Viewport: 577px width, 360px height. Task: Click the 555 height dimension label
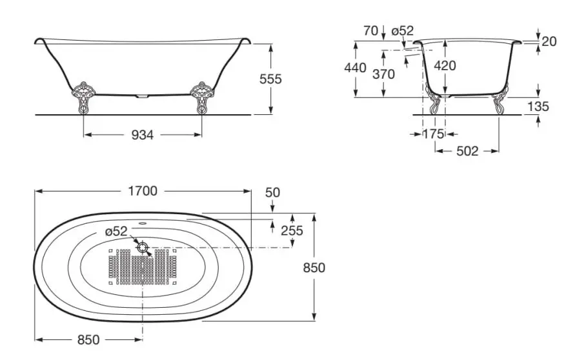pyautogui.click(x=270, y=79)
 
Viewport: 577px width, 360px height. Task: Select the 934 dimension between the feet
pyautogui.click(x=143, y=135)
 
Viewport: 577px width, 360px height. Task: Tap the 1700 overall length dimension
pyautogui.click(x=143, y=191)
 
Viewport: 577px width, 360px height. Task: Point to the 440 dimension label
pyautogui.click(x=355, y=68)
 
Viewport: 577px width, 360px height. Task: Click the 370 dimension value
pyautogui.click(x=383, y=74)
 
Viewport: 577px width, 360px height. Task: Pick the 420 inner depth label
pyautogui.click(x=445, y=66)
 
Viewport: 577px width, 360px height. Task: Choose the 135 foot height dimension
pyautogui.click(x=538, y=106)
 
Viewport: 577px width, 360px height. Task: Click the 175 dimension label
pyautogui.click(x=433, y=134)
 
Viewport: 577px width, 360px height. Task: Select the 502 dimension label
pyautogui.click(x=467, y=151)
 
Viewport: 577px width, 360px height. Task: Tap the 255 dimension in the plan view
pyautogui.click(x=292, y=230)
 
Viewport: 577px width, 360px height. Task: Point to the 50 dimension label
pyautogui.click(x=272, y=192)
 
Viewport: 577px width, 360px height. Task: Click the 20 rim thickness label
pyautogui.click(x=549, y=41)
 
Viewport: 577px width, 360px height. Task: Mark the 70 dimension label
pyautogui.click(x=370, y=31)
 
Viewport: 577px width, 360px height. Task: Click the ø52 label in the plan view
pyautogui.click(x=116, y=232)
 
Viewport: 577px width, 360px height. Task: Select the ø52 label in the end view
pyautogui.click(x=403, y=30)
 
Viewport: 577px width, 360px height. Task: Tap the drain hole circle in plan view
pyautogui.click(x=143, y=247)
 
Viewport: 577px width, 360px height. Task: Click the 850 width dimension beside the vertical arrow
pyautogui.click(x=314, y=268)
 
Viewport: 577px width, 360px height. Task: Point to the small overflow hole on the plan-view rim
pyautogui.click(x=143, y=223)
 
